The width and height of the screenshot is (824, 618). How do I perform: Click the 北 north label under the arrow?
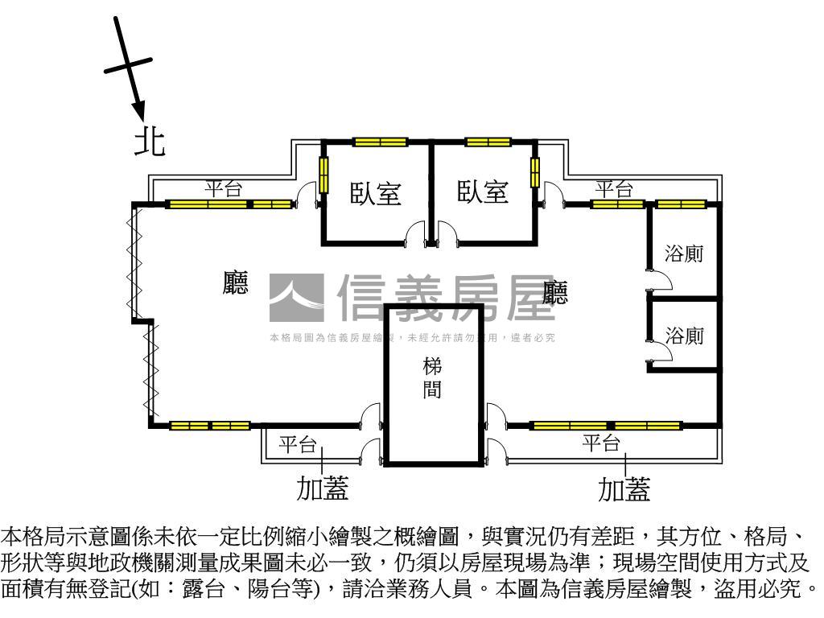(x=150, y=142)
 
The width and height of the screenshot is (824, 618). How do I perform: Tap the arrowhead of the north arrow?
(x=138, y=109)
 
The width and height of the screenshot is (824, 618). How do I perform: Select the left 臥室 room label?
(x=376, y=193)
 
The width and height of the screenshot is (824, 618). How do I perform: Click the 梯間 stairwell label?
(x=432, y=379)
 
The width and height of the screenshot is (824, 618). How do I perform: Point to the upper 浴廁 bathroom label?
(x=684, y=253)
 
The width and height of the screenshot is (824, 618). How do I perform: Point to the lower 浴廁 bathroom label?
(x=684, y=336)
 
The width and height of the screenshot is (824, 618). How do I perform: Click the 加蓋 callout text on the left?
(x=323, y=488)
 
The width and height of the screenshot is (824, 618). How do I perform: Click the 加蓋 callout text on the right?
(x=624, y=488)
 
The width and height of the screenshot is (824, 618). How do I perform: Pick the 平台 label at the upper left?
(x=223, y=189)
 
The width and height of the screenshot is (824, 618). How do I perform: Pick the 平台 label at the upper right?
(x=614, y=189)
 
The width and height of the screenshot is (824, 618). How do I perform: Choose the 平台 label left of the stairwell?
(x=299, y=443)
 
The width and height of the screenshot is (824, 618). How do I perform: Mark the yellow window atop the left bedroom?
(x=380, y=142)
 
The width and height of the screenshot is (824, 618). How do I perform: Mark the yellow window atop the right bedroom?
(x=488, y=142)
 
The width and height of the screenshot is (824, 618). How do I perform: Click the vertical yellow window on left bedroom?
(x=323, y=175)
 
